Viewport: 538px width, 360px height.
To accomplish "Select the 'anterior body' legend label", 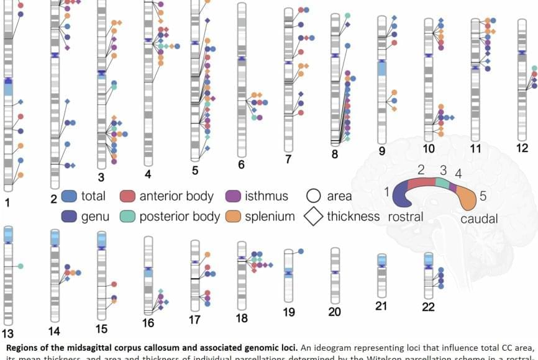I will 176,196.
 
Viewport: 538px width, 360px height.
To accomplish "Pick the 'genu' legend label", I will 95,217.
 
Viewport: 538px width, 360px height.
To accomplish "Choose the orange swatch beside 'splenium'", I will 233,217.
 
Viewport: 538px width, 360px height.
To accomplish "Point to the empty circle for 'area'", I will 314,196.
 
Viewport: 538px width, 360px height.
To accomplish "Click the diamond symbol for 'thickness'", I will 314,217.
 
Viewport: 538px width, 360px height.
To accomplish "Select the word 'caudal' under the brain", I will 479,219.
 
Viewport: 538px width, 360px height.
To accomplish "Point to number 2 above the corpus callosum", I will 421,169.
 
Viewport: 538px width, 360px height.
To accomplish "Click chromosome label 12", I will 522,148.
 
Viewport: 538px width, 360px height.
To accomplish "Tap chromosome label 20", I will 335,312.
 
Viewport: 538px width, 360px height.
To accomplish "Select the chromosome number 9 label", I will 382,150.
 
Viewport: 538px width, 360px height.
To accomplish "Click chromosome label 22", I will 428,307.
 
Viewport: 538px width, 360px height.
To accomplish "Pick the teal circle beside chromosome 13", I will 21,266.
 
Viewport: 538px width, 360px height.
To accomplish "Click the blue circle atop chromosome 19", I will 301,251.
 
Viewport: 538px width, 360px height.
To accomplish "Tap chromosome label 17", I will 195,320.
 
